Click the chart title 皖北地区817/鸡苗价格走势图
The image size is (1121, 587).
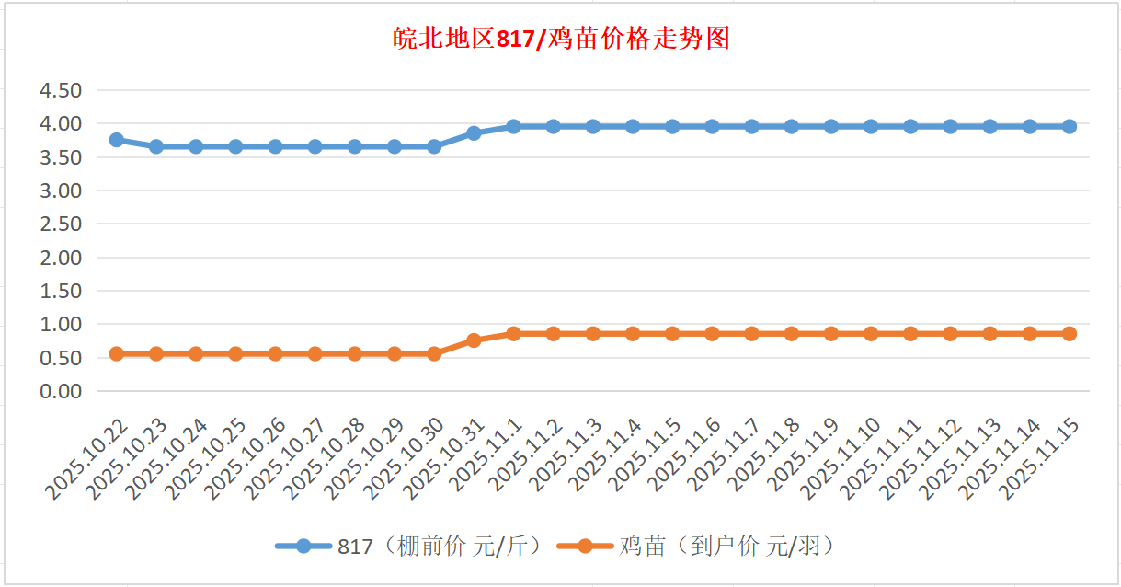tap(560, 40)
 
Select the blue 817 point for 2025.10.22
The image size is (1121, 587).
tap(117, 140)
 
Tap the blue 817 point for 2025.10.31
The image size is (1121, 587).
tap(474, 133)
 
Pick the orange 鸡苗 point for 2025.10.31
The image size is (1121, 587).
tap(474, 340)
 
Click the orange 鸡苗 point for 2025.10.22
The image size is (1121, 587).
tap(117, 353)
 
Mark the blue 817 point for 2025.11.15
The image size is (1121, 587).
tap(1070, 126)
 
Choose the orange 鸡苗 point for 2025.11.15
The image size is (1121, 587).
tap(1070, 334)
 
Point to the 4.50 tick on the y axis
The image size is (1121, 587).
tap(61, 90)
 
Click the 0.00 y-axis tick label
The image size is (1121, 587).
tap(61, 391)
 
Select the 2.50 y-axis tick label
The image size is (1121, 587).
tap(61, 224)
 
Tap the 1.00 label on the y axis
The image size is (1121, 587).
tap(61, 324)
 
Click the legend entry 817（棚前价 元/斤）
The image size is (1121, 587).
tap(414, 546)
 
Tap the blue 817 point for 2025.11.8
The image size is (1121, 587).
tap(792, 126)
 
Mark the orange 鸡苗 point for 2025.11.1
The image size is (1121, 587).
tap(513, 334)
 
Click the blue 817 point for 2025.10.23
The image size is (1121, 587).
tap(156, 146)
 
